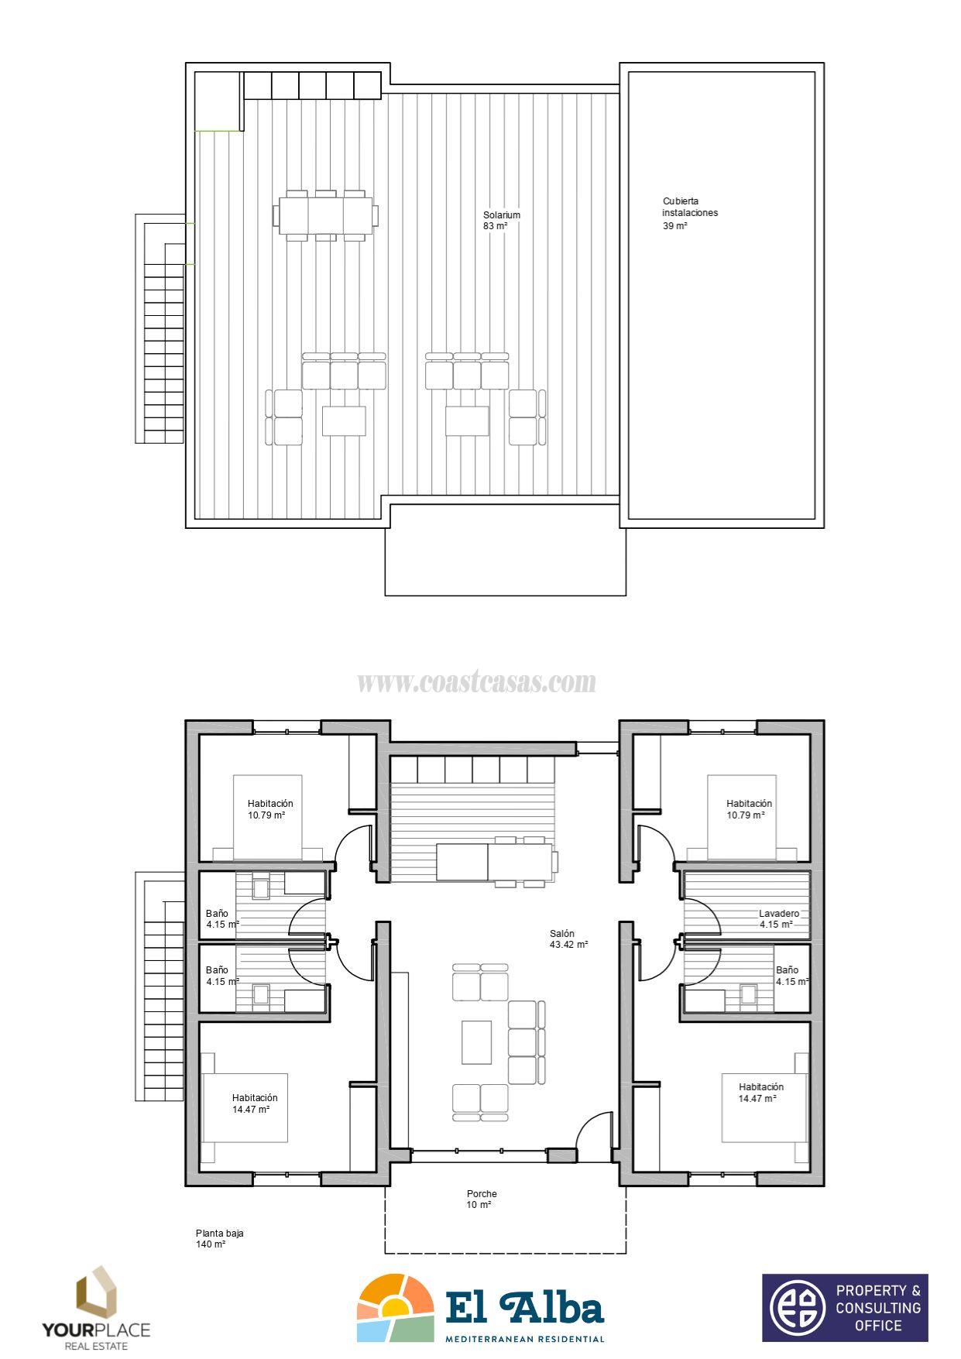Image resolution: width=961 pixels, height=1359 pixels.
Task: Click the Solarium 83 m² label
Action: tap(501, 221)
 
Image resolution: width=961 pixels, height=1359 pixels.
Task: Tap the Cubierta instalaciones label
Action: tap(689, 213)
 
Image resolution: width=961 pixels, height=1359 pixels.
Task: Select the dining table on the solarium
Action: tap(326, 215)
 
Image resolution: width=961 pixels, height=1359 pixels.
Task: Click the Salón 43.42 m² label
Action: tap(568, 939)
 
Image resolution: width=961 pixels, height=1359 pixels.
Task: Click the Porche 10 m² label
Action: tap(481, 1199)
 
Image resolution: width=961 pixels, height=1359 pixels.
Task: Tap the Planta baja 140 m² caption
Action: tap(219, 1239)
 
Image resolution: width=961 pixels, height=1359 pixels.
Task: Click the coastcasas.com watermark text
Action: tap(476, 682)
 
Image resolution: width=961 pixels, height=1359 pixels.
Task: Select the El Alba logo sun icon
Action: tap(395, 1307)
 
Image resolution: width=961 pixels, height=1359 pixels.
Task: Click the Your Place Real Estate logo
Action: tap(96, 1307)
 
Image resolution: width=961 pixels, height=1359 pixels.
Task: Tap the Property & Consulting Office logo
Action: tap(845, 1307)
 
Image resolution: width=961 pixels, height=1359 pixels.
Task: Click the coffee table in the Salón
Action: tap(476, 1042)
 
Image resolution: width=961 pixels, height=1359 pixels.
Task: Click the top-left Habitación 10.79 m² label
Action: tap(270, 809)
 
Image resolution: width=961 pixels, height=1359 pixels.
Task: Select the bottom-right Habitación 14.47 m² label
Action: tap(760, 1093)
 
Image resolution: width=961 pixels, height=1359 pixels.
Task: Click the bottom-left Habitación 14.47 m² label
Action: tap(254, 1103)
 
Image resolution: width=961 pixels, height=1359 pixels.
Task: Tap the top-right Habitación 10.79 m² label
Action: tap(749, 809)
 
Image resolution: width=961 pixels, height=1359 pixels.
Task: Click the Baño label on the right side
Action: tap(788, 976)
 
